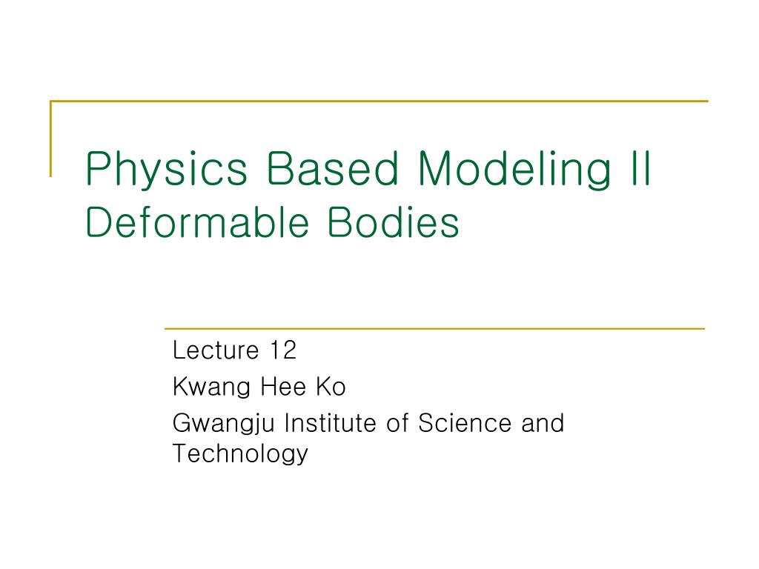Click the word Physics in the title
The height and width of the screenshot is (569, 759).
[x=167, y=170]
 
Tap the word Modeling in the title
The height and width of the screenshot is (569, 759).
[x=514, y=170]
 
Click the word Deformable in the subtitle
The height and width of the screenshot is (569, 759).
[x=197, y=222]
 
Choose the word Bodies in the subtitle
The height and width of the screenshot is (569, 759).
[x=393, y=222]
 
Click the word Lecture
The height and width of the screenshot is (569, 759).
[x=216, y=350]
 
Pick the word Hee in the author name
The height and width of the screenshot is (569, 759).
[x=283, y=387]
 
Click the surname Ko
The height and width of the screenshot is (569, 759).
[x=331, y=387]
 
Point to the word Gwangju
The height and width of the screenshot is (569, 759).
[x=224, y=425]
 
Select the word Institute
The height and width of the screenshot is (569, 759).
[x=331, y=423]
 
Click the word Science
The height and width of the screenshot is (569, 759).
[x=465, y=423]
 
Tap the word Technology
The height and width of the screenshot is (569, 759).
[x=240, y=454]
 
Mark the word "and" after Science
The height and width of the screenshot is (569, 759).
[x=543, y=423]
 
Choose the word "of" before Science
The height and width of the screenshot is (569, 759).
[x=397, y=423]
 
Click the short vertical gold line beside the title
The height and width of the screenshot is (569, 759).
[x=51, y=139]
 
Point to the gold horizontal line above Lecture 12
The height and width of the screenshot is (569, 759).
[x=434, y=328]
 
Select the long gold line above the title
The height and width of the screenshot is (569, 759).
[x=379, y=101]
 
